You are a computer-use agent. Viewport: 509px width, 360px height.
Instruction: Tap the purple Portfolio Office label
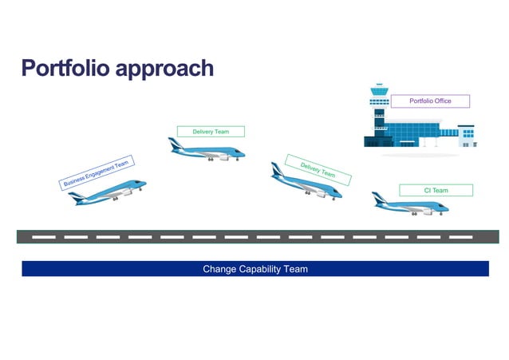[430, 101]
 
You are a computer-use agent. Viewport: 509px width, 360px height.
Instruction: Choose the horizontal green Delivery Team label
[210, 131]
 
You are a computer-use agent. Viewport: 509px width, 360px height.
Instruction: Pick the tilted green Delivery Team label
[317, 170]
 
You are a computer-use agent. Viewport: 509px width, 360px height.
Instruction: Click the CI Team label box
[436, 190]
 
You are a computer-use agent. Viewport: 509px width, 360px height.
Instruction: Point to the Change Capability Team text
[254, 269]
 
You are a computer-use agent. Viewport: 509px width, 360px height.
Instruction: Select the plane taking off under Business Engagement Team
[107, 192]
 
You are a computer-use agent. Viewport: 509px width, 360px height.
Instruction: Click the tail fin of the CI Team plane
[378, 196]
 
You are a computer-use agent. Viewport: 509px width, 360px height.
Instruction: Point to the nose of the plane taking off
[144, 184]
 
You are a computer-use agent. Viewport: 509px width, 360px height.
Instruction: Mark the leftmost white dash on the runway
[44, 237]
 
